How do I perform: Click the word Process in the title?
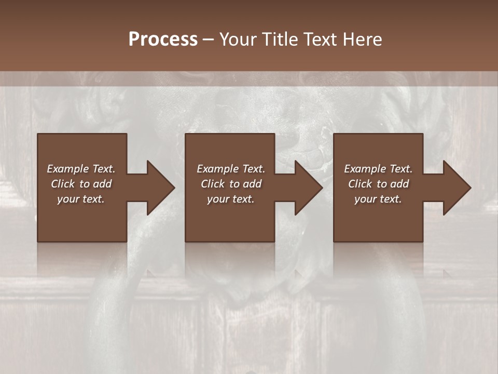tap(163, 39)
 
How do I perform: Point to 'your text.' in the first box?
tap(81, 199)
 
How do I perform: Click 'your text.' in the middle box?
tap(231, 199)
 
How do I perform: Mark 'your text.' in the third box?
tap(378, 199)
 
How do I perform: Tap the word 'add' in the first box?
tap(102, 184)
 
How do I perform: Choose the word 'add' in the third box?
tap(399, 184)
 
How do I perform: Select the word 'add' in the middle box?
tap(252, 184)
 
